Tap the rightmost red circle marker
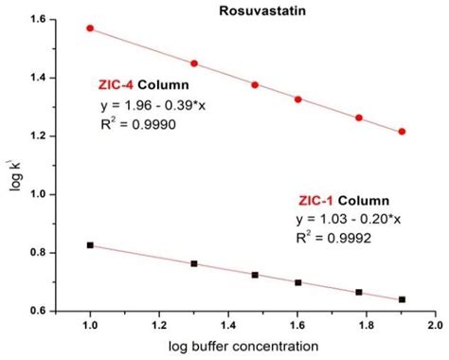pos(402,132)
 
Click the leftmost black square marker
pos(90,245)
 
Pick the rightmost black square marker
pos(402,299)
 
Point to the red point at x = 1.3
pos(194,63)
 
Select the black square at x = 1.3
pos(194,263)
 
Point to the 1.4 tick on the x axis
pos(228,324)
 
